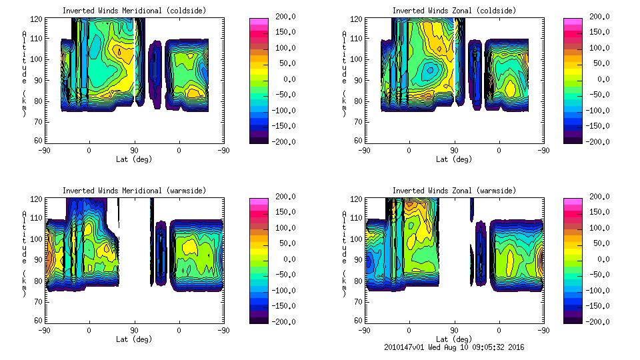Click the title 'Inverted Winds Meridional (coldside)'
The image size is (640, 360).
(x=134, y=11)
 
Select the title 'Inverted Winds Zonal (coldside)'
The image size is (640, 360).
(x=454, y=11)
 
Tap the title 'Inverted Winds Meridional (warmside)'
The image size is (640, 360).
(x=134, y=191)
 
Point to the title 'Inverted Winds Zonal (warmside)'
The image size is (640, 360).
(x=454, y=191)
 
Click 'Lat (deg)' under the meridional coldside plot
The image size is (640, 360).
(x=134, y=159)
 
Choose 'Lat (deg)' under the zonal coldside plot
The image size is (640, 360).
(x=454, y=159)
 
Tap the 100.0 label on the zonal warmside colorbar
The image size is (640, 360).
(x=603, y=228)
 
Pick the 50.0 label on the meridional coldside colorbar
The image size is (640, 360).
(x=285, y=63)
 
